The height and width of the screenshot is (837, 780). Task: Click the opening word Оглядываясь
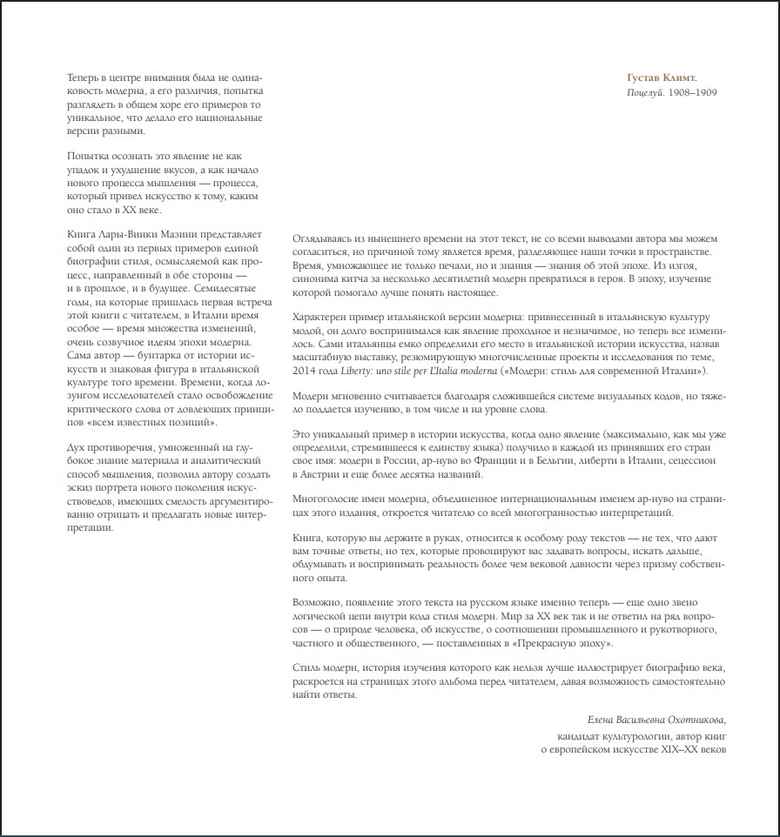(326, 238)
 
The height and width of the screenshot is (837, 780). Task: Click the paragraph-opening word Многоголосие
(327, 501)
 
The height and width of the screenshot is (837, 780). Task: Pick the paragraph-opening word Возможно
(319, 602)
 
